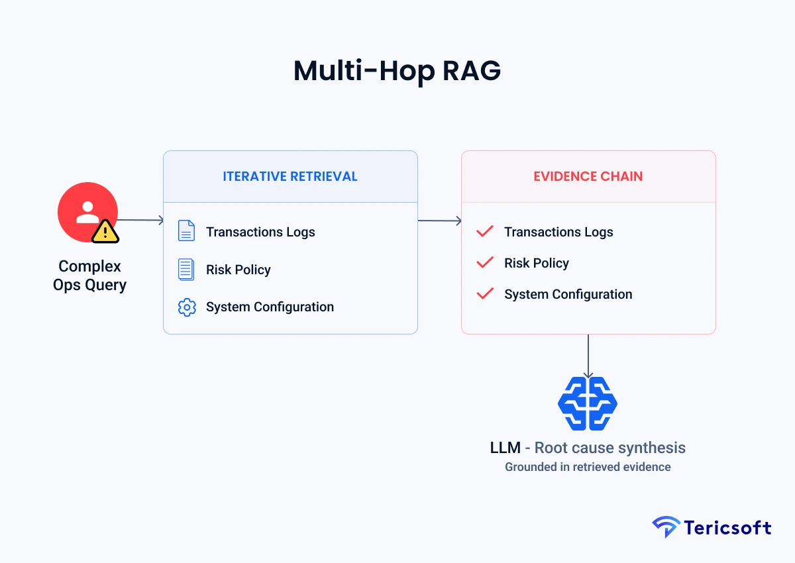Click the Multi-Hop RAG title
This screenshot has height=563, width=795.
[x=397, y=71]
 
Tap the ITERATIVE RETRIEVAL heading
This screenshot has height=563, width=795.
[x=290, y=176]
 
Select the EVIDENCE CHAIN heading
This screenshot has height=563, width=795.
[x=588, y=176]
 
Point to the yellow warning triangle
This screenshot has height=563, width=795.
[x=105, y=231]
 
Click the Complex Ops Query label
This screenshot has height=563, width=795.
[x=89, y=276]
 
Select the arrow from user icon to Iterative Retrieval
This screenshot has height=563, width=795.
[x=140, y=220]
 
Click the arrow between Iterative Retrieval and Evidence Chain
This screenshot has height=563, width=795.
[x=439, y=221]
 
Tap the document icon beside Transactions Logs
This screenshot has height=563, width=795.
[x=186, y=231]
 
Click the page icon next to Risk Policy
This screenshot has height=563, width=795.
[x=186, y=270]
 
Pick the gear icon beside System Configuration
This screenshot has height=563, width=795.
[x=187, y=307]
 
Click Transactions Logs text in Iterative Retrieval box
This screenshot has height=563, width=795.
[x=260, y=232]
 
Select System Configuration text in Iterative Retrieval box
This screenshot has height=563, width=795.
[x=270, y=307]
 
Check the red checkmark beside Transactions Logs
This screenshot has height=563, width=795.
[x=485, y=231]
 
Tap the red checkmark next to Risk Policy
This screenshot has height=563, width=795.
[x=485, y=262]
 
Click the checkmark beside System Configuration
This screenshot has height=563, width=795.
[x=485, y=293]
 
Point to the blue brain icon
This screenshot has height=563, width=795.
[x=588, y=403]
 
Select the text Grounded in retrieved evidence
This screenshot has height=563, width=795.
[x=588, y=467]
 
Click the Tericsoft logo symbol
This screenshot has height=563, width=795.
[x=665, y=527]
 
